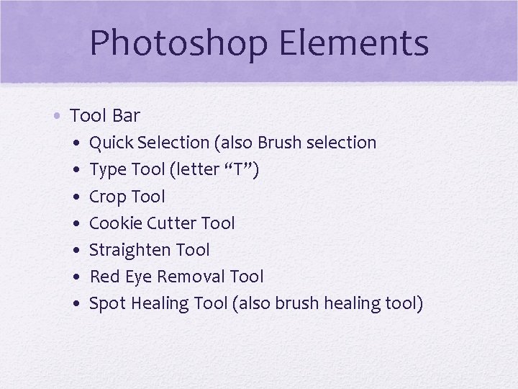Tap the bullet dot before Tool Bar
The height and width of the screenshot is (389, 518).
pyautogui.click(x=60, y=115)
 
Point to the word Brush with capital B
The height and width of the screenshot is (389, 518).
pyautogui.click(x=279, y=143)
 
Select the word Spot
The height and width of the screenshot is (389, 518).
pyautogui.click(x=106, y=304)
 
